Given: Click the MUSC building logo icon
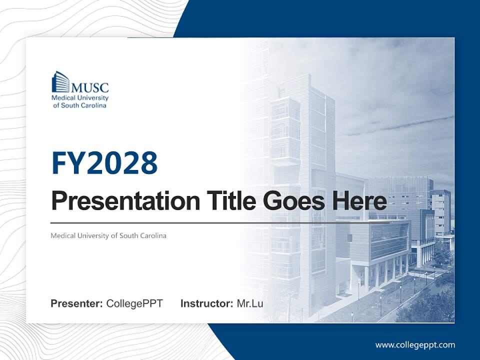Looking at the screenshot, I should coord(60,81).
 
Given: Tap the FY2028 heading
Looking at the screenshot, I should coord(104,163).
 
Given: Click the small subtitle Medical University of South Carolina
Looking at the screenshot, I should coord(108,235).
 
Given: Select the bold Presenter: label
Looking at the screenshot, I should coord(77,303).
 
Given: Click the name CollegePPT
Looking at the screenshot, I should coord(134,303).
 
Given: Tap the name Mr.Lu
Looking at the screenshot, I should coord(250,303).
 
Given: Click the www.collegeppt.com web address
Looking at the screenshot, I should coord(415,344).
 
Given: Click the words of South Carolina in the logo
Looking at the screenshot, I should coord(79,105).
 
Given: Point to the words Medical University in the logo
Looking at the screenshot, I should coord(80,98).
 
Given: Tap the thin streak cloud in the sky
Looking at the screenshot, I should coord(400,125).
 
